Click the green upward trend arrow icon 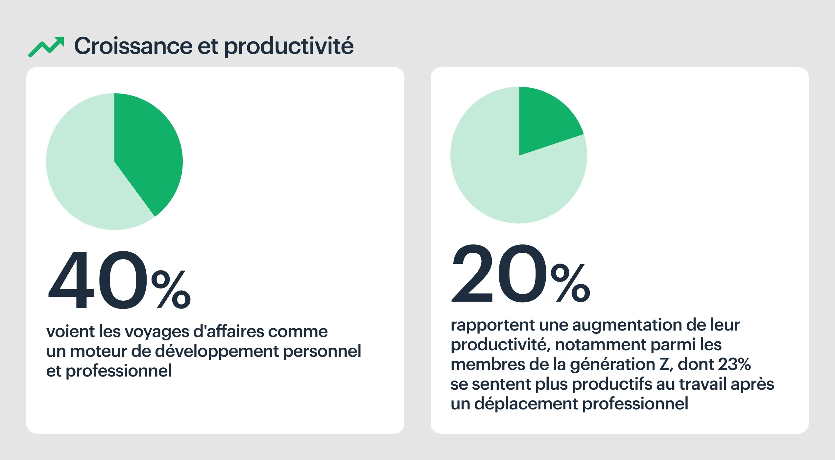[46, 47]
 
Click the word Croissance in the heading [133, 46]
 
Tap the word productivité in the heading [289, 46]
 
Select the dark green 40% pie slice [148, 151]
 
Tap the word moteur [99, 351]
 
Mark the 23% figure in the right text [734, 364]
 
